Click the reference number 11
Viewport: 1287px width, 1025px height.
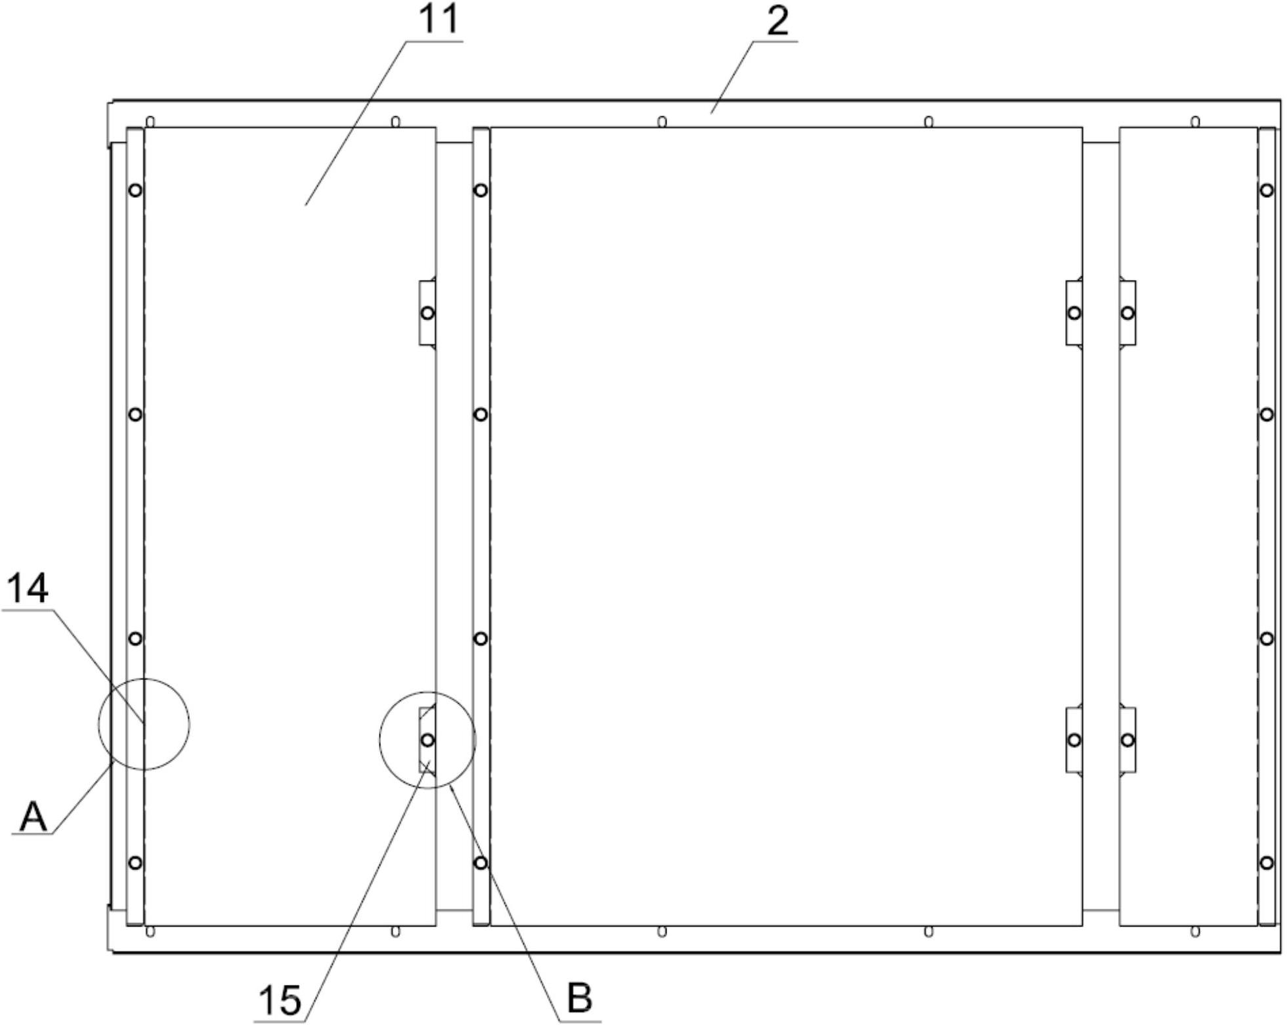(x=439, y=20)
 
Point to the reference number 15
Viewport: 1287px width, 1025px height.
(x=280, y=1001)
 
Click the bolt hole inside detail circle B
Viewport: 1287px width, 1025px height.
(x=427, y=740)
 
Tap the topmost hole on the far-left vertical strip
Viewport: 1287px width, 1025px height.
(x=135, y=191)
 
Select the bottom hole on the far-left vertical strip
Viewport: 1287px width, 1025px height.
(x=135, y=863)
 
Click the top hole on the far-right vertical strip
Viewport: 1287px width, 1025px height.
(x=1267, y=191)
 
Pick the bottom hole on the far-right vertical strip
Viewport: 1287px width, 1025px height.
(x=1267, y=863)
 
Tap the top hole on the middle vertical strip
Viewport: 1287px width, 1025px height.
(x=481, y=191)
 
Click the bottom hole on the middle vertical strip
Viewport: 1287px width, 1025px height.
(x=481, y=863)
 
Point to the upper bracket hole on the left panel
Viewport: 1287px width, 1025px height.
(x=427, y=313)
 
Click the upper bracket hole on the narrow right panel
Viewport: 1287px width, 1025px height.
(x=1127, y=313)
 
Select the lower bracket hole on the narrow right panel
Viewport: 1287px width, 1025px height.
(x=1127, y=740)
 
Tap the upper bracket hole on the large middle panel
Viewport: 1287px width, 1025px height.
(x=1074, y=313)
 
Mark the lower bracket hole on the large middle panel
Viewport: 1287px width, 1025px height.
(x=1074, y=740)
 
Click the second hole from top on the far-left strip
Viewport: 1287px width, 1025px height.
(x=135, y=415)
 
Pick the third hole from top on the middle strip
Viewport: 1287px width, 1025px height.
(x=481, y=639)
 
